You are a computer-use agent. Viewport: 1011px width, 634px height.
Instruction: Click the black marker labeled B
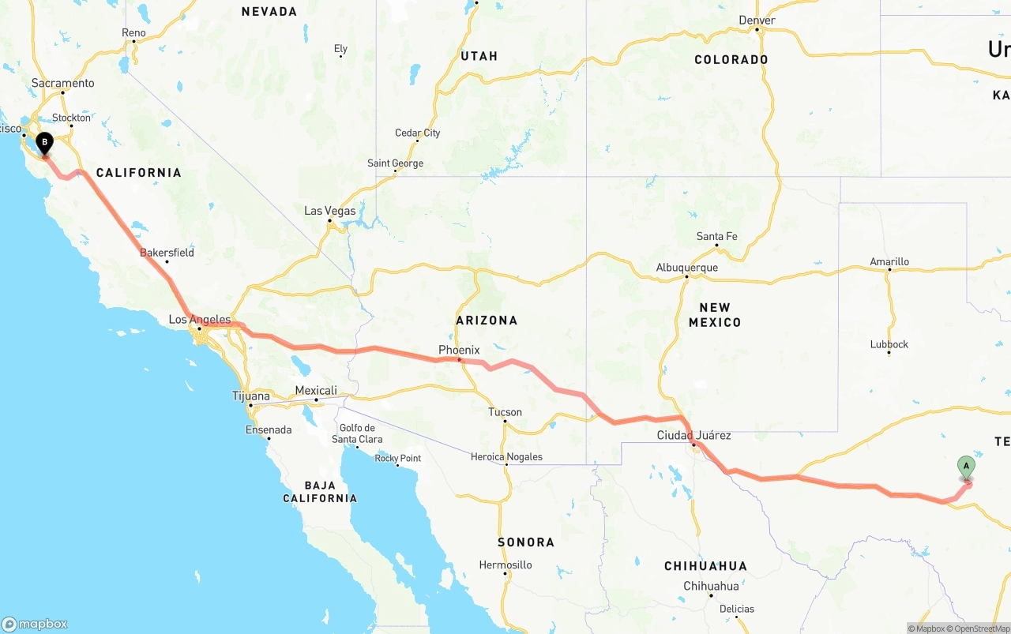(45, 144)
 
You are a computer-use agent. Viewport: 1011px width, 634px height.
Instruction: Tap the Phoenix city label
(459, 350)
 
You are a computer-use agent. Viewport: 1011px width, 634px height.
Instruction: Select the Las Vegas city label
(330, 211)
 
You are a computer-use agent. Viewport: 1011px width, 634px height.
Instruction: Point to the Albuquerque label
(686, 268)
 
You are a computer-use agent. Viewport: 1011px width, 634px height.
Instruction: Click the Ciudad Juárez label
(693, 435)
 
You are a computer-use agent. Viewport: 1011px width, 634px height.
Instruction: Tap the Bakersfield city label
(167, 253)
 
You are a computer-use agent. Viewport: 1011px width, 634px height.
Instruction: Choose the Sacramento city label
(62, 83)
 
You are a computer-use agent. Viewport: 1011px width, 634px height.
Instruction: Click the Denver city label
(757, 21)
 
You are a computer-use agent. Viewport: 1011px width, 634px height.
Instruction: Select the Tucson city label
(505, 412)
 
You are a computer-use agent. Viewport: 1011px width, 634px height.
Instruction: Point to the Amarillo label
(889, 261)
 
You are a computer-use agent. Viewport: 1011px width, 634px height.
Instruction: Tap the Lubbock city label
(889, 344)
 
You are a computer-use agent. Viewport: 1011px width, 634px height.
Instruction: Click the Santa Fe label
(716, 236)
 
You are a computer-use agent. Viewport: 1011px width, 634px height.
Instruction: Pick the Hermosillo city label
(505, 565)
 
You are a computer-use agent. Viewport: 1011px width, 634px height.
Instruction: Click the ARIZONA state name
(487, 320)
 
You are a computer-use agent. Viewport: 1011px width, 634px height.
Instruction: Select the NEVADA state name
(269, 11)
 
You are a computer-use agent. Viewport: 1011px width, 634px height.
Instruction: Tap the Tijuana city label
(250, 396)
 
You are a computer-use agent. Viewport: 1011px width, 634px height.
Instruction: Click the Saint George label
(395, 163)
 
